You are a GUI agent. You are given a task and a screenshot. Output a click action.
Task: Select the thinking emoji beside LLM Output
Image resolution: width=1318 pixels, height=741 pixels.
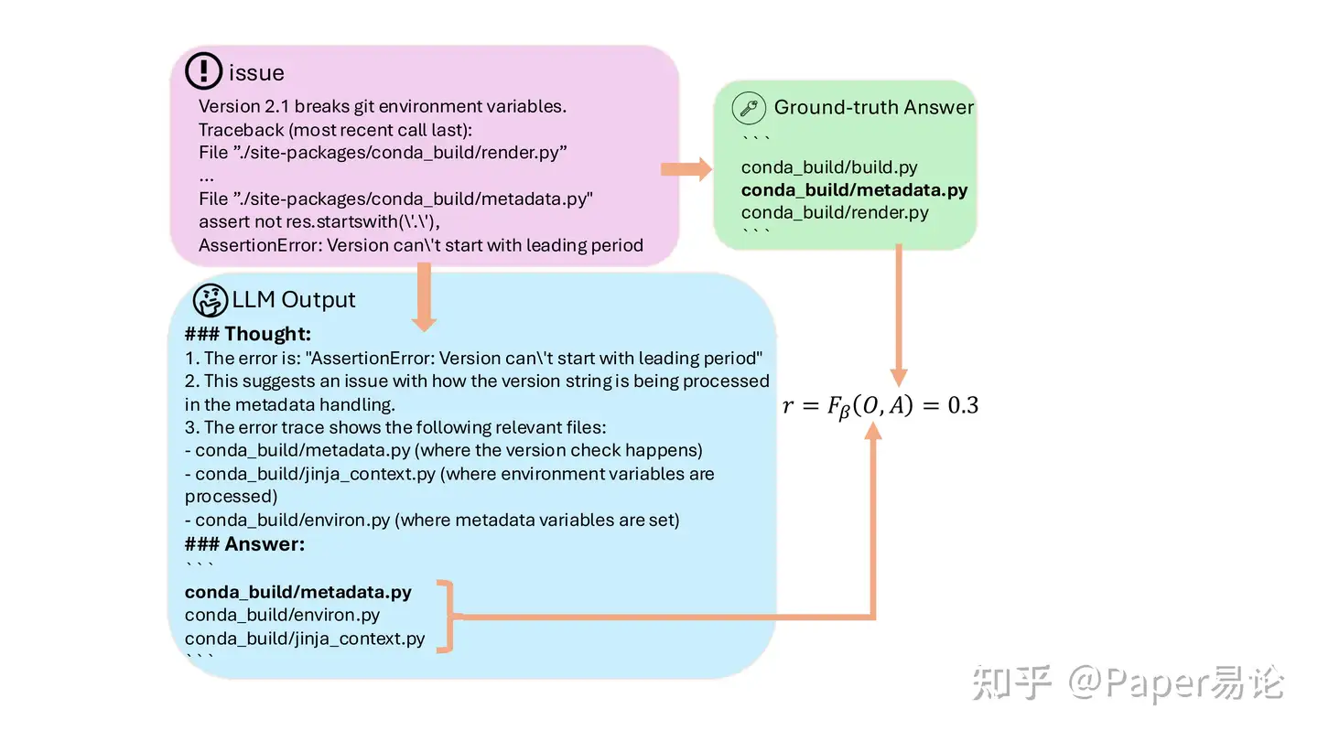210,299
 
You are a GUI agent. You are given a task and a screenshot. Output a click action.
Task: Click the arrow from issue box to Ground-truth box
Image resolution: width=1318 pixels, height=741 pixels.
686,168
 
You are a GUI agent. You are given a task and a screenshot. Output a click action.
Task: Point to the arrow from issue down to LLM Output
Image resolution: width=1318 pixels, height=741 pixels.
424,297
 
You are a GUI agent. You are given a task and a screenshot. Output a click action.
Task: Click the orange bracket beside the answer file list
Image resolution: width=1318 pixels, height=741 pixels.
445,617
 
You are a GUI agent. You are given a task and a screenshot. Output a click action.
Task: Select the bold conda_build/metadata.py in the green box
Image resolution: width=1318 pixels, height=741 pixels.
854,190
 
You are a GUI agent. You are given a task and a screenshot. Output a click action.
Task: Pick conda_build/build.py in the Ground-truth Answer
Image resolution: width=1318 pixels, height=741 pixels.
829,167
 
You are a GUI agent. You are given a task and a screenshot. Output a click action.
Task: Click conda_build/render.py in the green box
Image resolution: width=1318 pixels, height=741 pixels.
835,212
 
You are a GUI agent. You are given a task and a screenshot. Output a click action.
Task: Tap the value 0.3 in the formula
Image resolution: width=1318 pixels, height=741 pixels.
963,405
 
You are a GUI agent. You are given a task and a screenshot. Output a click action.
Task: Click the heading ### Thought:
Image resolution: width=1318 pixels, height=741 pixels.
248,334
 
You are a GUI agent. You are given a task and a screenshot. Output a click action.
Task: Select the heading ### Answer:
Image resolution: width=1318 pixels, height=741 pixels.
244,544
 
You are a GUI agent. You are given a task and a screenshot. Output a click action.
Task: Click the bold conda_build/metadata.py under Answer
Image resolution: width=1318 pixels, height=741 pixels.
298,592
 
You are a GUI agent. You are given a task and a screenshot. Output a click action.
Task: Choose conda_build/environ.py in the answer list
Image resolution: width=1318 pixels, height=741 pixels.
282,615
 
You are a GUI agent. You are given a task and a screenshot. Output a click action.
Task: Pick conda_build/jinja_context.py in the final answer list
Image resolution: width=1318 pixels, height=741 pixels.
305,639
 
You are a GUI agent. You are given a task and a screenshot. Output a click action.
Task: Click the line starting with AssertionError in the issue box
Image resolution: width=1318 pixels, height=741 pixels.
421,245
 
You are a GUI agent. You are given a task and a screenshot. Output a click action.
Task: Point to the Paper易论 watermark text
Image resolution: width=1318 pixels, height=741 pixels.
1194,683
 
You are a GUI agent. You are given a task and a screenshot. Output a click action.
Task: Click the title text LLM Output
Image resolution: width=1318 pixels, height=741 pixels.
294,299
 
